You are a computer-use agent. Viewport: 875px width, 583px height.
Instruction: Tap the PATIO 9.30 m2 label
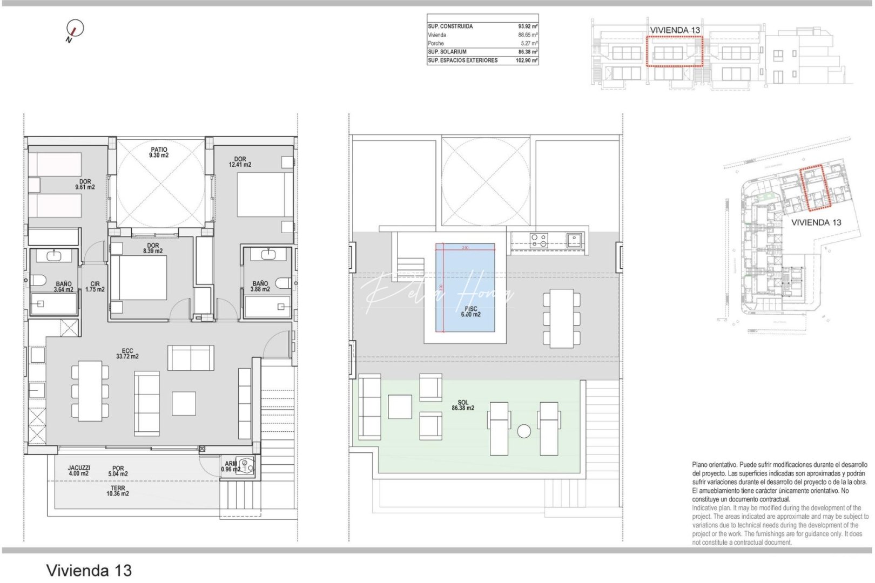click(x=159, y=152)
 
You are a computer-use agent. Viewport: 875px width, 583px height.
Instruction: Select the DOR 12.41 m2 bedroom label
click(x=240, y=162)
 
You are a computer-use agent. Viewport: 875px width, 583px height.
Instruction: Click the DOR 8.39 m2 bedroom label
click(x=153, y=248)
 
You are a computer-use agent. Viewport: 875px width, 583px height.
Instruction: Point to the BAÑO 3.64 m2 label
click(x=63, y=287)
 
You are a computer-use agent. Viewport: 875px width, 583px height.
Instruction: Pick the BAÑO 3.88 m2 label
click(x=260, y=286)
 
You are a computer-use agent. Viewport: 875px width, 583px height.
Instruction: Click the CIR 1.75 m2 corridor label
click(x=95, y=287)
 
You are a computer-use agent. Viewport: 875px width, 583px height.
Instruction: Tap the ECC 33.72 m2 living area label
click(x=127, y=354)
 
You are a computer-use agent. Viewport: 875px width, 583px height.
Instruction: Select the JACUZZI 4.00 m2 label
click(x=79, y=471)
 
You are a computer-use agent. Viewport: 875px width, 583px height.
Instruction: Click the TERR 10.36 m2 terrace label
click(x=118, y=491)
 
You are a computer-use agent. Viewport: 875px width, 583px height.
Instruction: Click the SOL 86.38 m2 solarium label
click(x=463, y=405)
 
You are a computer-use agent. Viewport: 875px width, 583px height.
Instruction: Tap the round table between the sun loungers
click(x=523, y=431)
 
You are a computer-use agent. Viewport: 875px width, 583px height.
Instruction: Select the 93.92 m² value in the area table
click(x=528, y=26)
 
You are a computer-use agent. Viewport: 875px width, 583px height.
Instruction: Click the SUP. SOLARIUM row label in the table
click(x=447, y=52)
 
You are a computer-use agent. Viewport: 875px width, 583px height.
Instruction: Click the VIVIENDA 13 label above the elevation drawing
click(x=675, y=30)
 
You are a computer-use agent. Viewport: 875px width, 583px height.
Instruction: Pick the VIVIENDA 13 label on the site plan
click(x=816, y=222)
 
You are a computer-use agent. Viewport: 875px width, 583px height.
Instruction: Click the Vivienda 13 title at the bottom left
click(x=89, y=570)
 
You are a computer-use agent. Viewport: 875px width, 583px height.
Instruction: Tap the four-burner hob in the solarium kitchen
click(x=539, y=240)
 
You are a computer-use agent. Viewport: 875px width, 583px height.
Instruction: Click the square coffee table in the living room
click(x=184, y=403)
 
